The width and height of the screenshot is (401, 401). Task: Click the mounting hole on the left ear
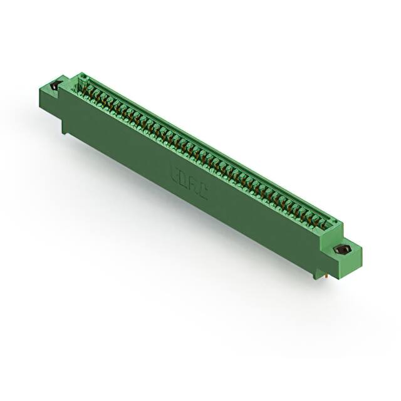55,85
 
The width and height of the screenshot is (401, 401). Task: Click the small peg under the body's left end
65,129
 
